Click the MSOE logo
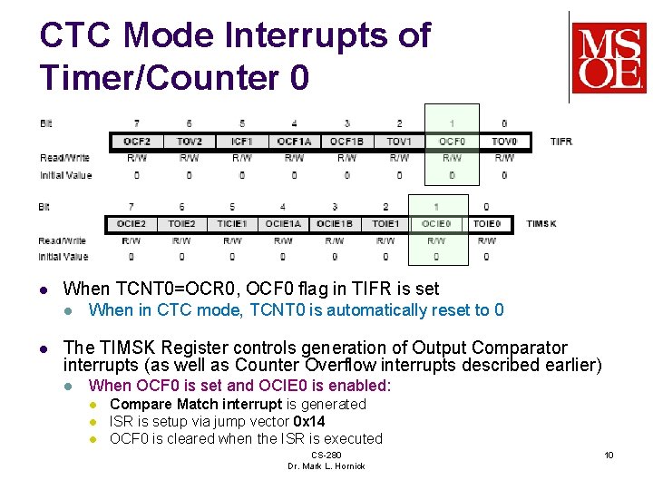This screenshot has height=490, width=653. [x=608, y=58]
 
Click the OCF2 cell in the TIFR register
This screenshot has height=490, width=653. [x=137, y=142]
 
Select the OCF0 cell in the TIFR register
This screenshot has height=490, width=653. [x=452, y=142]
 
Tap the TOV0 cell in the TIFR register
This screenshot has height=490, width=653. [x=504, y=142]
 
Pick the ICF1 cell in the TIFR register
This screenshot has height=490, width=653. [x=241, y=142]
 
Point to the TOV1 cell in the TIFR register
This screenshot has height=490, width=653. [x=399, y=142]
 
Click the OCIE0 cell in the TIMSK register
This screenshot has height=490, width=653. [x=436, y=223]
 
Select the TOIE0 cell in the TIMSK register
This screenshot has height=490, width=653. [x=487, y=223]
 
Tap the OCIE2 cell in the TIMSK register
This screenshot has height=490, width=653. [x=132, y=223]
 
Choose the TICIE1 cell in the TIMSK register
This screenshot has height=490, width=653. [x=232, y=223]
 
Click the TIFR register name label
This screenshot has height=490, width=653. [x=561, y=142]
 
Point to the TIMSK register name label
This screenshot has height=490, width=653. [x=541, y=223]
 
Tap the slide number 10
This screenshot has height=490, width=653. [x=609, y=455]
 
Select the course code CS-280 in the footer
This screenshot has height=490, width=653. [x=326, y=455]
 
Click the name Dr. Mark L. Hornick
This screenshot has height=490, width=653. [x=326, y=465]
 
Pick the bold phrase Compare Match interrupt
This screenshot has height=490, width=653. [x=196, y=404]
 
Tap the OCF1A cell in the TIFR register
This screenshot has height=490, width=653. [x=294, y=142]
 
